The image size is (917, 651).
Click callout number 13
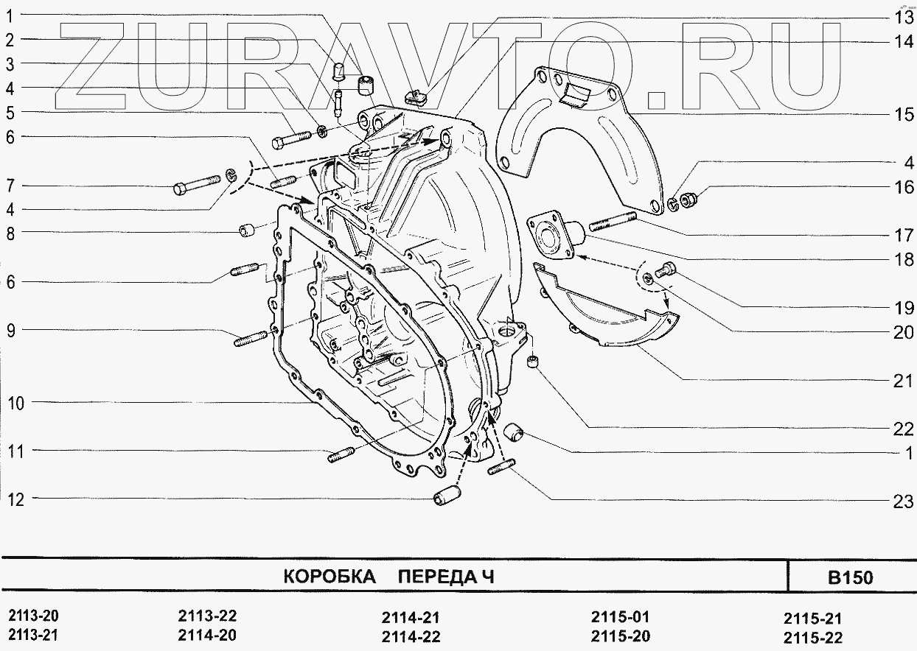[904, 17]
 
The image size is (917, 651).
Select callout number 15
[904, 114]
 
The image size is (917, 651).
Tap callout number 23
[904, 502]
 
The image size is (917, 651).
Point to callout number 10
[18, 403]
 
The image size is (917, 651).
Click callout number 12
[16, 500]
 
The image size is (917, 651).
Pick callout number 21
[904, 381]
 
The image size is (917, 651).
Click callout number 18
[904, 260]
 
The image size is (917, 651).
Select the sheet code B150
[850, 577]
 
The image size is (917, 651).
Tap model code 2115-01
[620, 617]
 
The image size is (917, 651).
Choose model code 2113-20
[32, 616]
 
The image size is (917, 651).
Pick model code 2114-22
[411, 636]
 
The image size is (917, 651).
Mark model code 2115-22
[812, 638]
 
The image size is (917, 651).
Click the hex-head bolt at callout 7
[197, 184]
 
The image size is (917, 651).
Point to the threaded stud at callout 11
[341, 454]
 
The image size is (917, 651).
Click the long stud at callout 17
[612, 220]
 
